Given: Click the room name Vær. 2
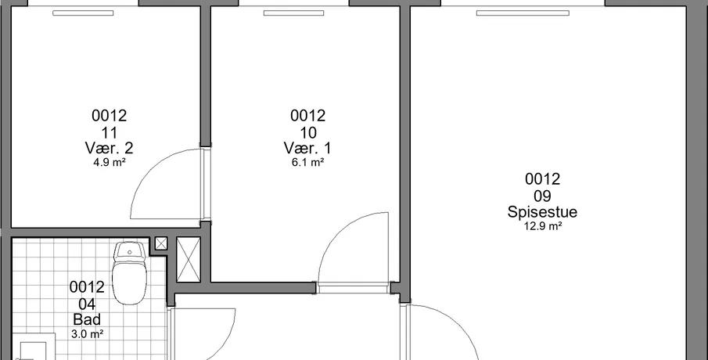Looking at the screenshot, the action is [109, 148].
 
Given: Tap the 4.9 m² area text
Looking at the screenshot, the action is [110, 163].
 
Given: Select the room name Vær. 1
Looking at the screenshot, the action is [307, 148].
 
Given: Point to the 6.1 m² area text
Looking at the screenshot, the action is [308, 163].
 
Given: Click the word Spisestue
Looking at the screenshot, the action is [542, 212].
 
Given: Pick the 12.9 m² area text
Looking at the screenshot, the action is [542, 226].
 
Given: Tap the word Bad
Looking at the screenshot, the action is [87, 319].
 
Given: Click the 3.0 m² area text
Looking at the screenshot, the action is [87, 334].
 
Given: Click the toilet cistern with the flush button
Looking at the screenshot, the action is [130, 250].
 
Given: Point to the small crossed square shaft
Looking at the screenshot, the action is [161, 243].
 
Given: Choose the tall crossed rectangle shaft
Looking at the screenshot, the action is [189, 260].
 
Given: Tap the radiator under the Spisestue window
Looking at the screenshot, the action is [523, 13].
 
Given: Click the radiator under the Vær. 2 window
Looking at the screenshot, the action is [83, 13].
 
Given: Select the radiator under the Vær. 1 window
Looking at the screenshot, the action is [294, 13].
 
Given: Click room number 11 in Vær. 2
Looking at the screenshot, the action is [110, 133].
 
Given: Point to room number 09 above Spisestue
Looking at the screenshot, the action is [542, 196].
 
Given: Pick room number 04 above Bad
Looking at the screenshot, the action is [87, 304].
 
